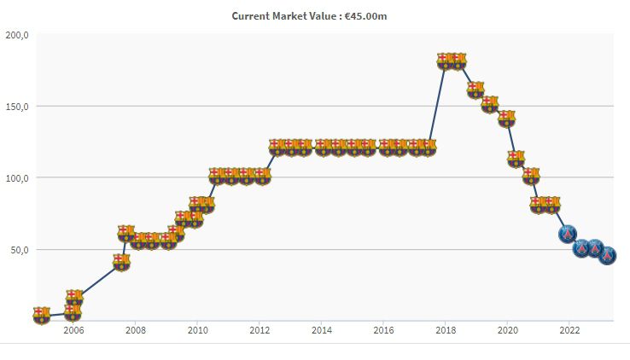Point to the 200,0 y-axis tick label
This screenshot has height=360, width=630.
(x=17, y=35)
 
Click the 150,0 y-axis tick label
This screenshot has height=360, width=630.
(x=17, y=107)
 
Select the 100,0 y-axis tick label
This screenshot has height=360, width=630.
(x=17, y=178)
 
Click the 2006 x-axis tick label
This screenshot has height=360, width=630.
(x=73, y=330)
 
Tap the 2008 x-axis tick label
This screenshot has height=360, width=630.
(x=135, y=330)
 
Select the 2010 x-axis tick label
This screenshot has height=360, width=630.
(x=197, y=330)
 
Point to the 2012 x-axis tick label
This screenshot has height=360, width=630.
(x=260, y=330)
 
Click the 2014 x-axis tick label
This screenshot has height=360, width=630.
(x=322, y=330)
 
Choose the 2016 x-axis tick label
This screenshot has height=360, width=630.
(x=383, y=330)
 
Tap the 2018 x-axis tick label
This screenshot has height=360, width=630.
(x=446, y=330)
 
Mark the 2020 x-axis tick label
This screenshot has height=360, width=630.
(x=508, y=330)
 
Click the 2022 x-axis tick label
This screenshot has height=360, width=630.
(x=569, y=330)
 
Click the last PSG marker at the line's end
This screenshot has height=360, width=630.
(x=607, y=255)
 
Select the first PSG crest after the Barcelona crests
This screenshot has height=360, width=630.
(x=568, y=234)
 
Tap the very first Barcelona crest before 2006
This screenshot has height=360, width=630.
(x=42, y=316)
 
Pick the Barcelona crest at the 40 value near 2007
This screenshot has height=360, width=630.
(x=121, y=262)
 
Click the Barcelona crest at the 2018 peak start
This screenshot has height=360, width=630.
(x=445, y=61)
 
